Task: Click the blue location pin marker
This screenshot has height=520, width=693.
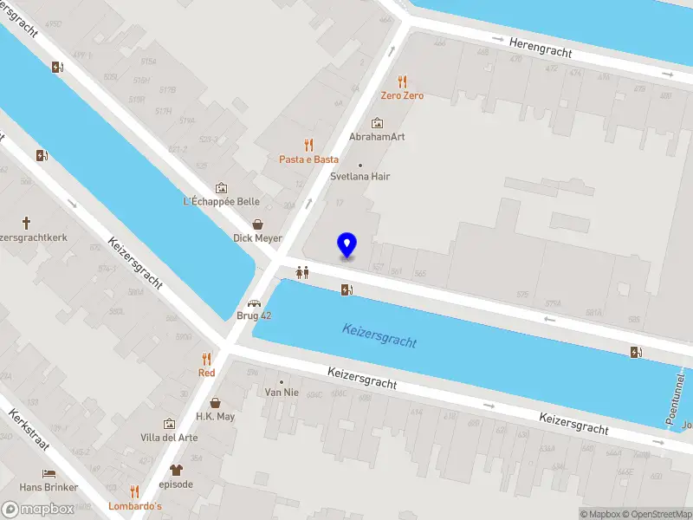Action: (x=346, y=245)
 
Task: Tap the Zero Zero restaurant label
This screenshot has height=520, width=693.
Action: (x=402, y=95)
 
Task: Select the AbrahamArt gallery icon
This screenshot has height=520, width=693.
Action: (x=377, y=123)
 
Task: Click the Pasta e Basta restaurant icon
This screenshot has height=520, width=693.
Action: (x=308, y=145)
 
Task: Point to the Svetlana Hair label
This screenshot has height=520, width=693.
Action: (x=359, y=176)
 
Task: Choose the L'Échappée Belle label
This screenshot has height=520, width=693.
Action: (x=222, y=201)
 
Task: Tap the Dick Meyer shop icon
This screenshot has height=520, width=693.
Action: (x=257, y=224)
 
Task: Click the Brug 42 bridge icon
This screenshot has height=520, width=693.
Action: (x=255, y=302)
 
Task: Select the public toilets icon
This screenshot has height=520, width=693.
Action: (x=302, y=271)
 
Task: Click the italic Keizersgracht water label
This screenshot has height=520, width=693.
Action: (x=379, y=335)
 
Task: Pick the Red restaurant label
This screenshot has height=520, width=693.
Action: (x=206, y=373)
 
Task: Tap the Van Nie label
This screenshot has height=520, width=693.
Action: (x=281, y=392)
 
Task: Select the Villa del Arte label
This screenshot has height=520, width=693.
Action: (x=169, y=438)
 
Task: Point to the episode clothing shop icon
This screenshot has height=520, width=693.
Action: (x=176, y=470)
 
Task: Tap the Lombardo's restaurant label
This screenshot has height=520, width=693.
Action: (x=134, y=505)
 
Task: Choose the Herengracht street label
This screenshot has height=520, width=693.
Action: (x=541, y=47)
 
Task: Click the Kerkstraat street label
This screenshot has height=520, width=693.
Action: (x=29, y=434)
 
